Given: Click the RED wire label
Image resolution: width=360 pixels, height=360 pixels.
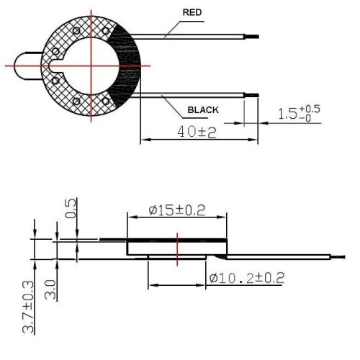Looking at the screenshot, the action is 192,12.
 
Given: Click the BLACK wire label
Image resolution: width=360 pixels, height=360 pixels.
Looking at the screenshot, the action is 203,110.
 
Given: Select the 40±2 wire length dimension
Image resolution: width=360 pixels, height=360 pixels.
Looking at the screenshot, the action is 197,132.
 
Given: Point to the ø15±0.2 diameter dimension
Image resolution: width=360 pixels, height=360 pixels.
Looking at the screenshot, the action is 177,210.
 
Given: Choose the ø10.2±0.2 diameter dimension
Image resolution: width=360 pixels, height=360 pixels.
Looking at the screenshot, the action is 247,278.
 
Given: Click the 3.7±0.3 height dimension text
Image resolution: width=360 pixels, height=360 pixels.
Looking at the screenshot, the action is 29,307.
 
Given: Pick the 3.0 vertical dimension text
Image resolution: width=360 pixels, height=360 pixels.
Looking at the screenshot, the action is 50,290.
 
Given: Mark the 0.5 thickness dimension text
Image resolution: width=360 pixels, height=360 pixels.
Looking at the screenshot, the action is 71,208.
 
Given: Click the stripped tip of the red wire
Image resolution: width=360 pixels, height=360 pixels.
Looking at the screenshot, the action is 251,37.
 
